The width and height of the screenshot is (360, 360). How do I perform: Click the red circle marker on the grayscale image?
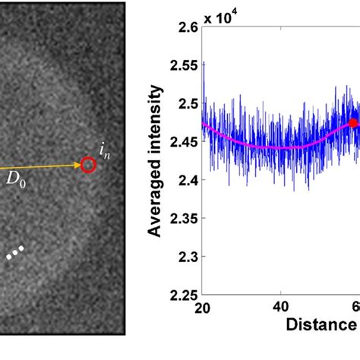pyautogui.click(x=88, y=164)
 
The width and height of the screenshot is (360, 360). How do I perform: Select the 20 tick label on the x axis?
pyautogui.click(x=203, y=307)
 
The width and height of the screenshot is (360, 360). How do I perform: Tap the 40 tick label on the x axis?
pyautogui.click(x=280, y=307)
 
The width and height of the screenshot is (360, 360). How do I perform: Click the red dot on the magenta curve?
pyautogui.click(x=352, y=122)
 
